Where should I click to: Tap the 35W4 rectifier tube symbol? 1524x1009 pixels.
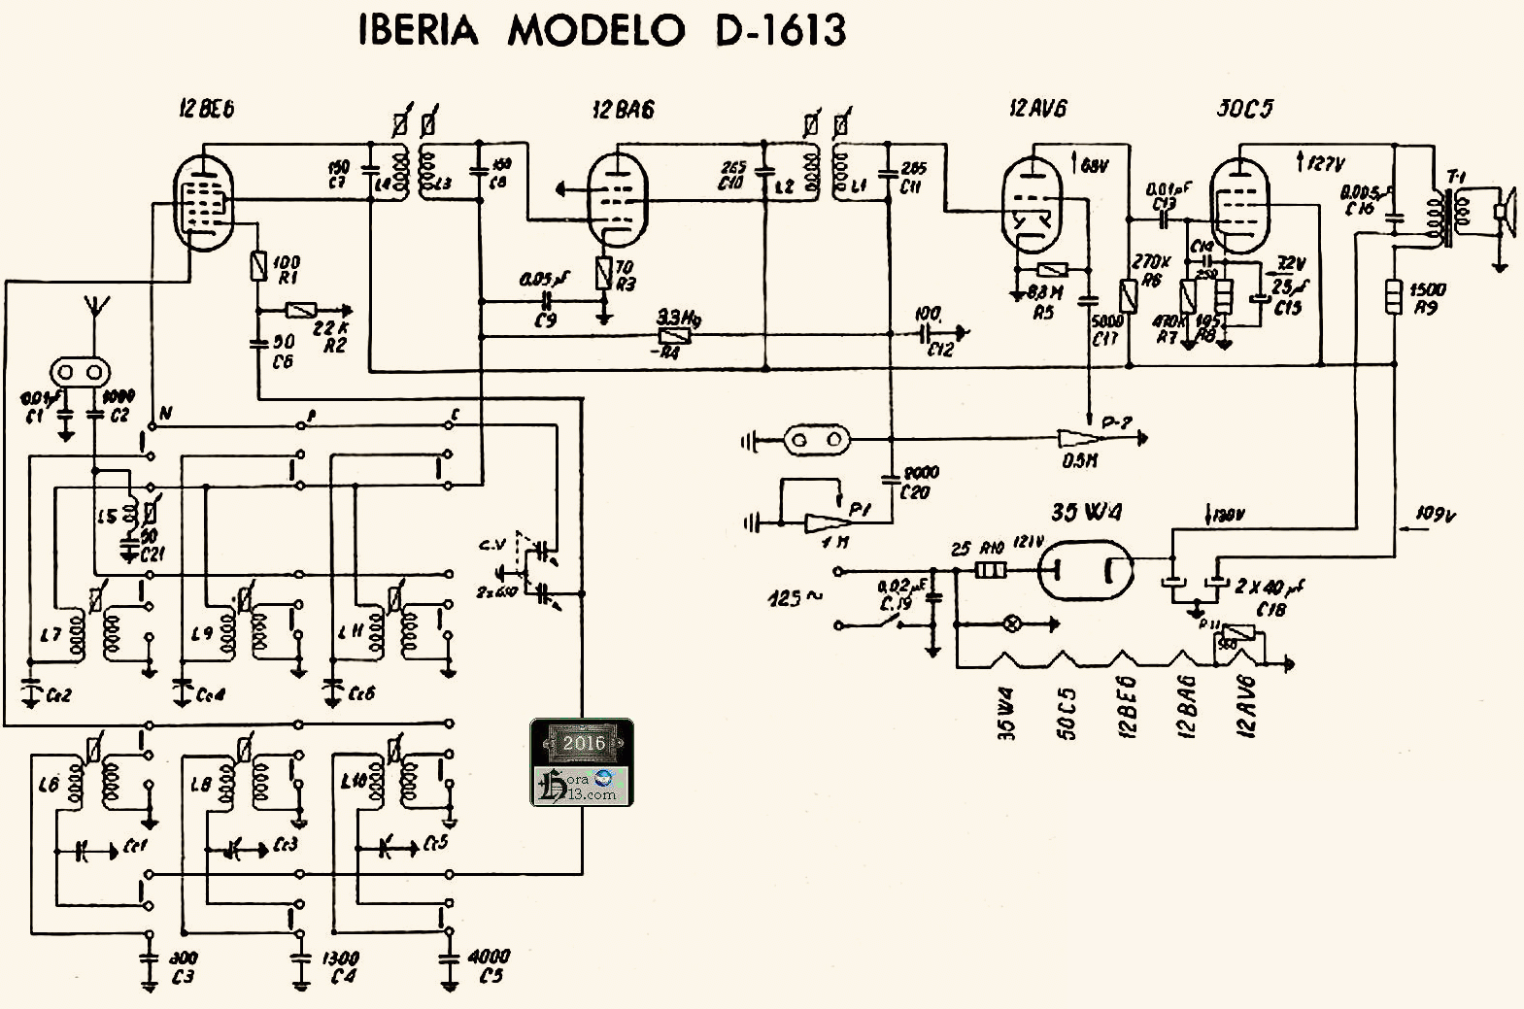coord(1086,570)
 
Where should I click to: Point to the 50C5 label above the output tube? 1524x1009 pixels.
coord(1244,109)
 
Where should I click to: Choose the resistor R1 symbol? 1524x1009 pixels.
coord(258,265)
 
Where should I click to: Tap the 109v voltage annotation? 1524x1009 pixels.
coord(1432,515)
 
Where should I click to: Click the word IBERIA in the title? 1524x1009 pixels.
coord(419,31)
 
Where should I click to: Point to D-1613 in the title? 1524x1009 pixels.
coord(780,31)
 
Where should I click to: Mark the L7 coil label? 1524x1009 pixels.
coord(51,634)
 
